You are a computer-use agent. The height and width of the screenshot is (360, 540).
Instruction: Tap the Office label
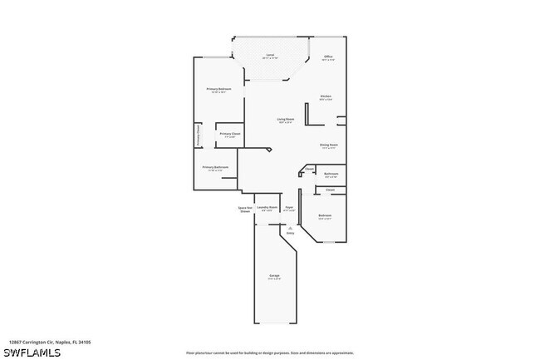pos(328,57)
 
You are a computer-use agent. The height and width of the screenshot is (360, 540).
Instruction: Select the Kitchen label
pos(326,97)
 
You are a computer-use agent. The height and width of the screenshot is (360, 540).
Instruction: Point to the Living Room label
pos(286,120)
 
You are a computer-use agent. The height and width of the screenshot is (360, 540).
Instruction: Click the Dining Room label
pos(329,145)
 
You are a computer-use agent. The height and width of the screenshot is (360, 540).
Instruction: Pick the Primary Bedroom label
pos(218,89)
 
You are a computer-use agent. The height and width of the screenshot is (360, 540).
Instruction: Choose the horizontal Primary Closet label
pos(230,134)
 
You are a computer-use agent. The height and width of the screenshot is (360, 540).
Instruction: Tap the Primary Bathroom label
pos(215,168)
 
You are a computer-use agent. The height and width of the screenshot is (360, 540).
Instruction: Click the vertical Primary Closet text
pos(198,136)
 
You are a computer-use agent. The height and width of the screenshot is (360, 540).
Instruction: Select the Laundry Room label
pos(267,207)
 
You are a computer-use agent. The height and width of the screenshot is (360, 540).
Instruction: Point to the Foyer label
pos(289,207)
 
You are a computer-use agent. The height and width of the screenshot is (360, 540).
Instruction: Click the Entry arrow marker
pos(290,226)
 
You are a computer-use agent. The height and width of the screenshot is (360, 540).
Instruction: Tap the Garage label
pos(274,275)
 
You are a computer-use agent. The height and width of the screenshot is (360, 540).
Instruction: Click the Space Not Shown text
pos(245,210)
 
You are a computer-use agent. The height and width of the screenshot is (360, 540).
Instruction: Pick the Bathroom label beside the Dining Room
pos(331,174)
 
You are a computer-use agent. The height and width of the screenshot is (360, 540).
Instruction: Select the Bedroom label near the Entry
pos(325,216)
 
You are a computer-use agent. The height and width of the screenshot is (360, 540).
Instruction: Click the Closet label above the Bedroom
pos(330,190)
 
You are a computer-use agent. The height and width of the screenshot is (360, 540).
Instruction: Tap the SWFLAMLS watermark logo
pos(31,353)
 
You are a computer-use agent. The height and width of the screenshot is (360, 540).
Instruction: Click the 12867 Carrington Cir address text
pos(49,342)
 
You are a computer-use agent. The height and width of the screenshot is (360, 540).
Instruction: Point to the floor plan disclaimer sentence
pos(270,353)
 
